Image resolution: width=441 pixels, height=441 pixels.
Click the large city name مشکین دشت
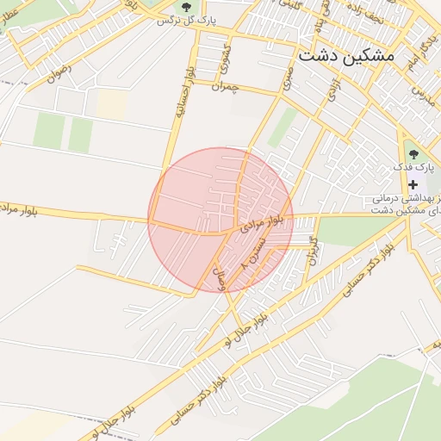point(345,55)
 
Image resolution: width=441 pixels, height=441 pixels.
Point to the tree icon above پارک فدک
point(413,155)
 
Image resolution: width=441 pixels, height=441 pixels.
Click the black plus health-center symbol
point(413,185)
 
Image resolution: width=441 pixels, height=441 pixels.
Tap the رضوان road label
point(61,75)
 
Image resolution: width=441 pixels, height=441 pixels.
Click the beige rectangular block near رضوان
point(111,104)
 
